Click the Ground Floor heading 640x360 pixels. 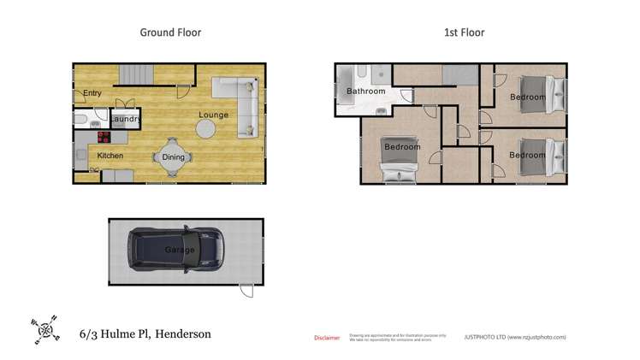[170, 32]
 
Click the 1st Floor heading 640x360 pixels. [464, 32]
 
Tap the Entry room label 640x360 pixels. [92, 92]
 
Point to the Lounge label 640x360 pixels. [213, 115]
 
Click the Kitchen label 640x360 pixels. [110, 156]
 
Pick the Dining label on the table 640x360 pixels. [173, 157]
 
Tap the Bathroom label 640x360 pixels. [365, 91]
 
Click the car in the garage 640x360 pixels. [176, 250]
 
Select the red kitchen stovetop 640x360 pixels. [104, 136]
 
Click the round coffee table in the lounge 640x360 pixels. [206, 129]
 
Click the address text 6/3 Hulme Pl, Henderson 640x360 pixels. [145, 334]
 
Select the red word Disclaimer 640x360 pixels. [327, 338]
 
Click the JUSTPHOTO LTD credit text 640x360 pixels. [514, 337]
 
